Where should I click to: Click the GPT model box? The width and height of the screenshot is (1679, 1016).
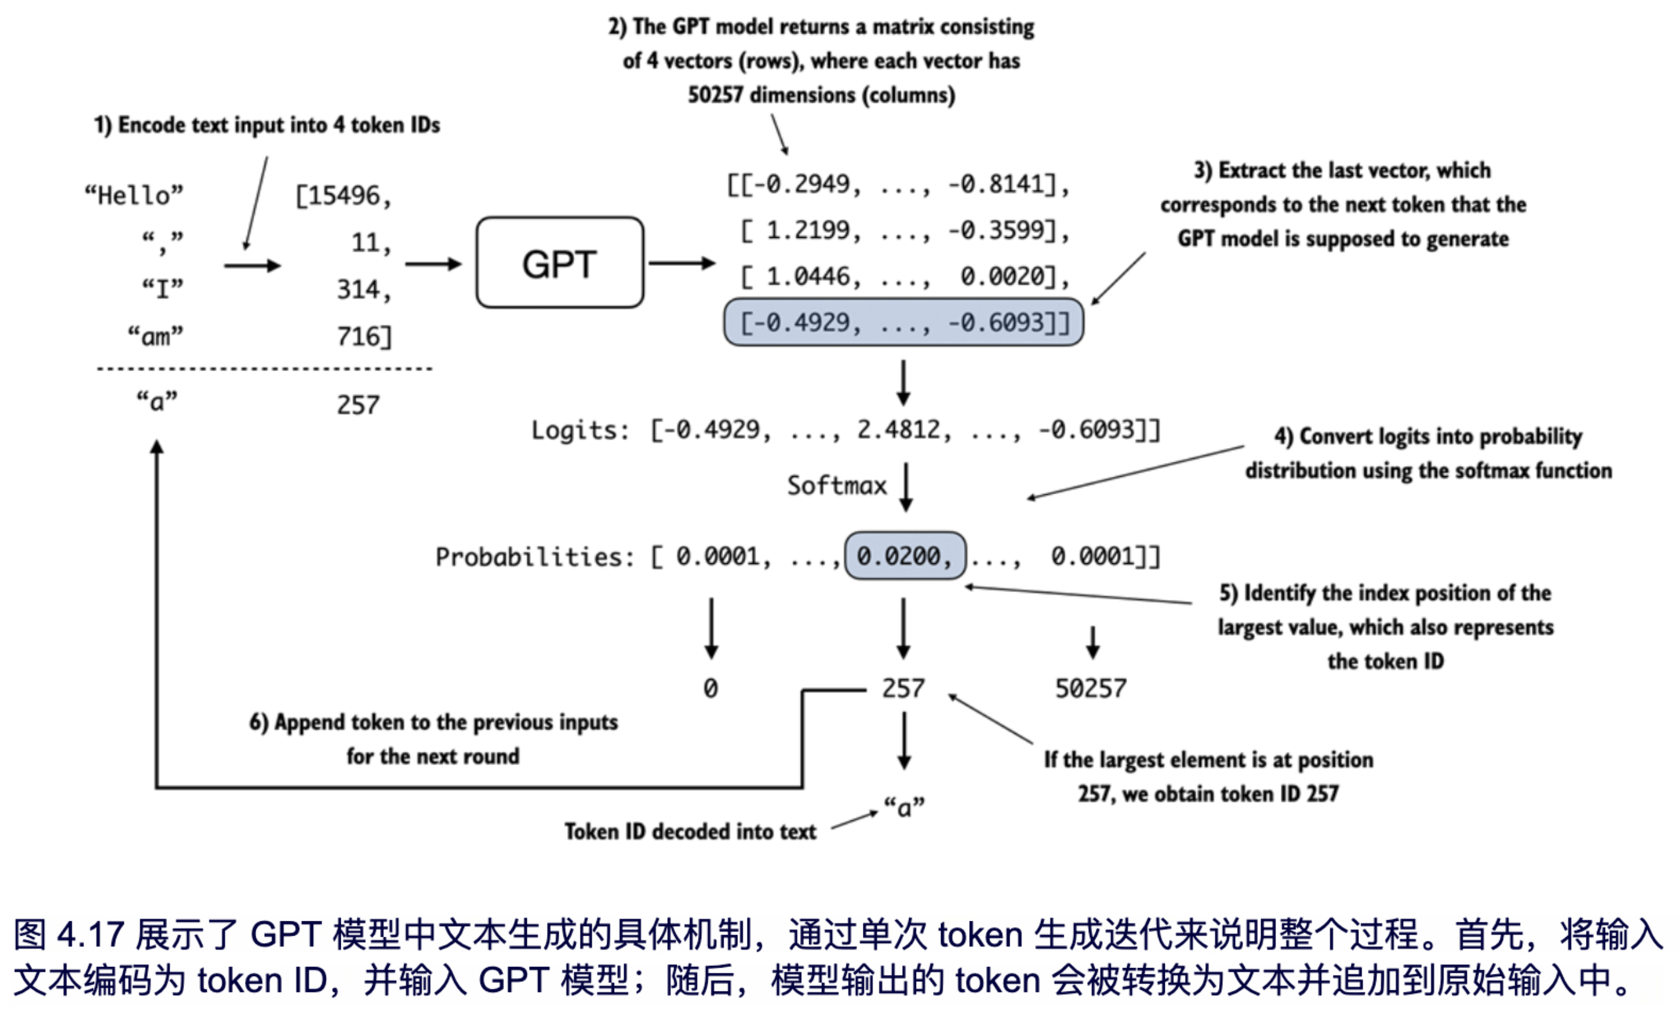point(559,263)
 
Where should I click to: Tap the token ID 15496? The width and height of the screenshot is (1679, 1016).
point(344,196)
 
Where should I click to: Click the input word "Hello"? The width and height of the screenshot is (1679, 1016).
point(134,196)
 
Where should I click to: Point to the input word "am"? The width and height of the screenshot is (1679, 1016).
point(155,336)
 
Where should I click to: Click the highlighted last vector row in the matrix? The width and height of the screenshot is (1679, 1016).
point(903,322)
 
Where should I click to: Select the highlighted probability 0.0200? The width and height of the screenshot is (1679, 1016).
point(904,556)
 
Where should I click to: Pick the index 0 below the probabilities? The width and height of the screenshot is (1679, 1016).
point(711,689)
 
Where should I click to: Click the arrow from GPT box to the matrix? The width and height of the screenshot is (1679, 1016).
point(681,263)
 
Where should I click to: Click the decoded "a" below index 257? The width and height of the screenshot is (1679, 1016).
point(904,807)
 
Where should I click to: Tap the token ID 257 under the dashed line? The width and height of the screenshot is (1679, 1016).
point(358,405)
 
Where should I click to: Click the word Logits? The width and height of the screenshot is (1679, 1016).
point(579,430)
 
